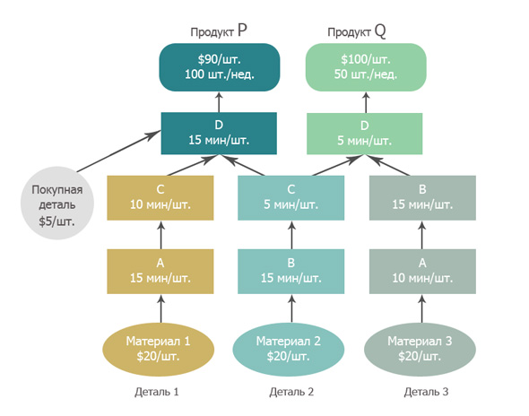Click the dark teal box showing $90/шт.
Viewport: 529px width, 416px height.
(220, 67)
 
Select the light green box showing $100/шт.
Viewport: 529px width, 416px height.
(366, 67)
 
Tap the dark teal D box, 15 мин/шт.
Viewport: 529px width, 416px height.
(219, 134)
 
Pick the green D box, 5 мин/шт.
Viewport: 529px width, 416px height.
(364, 134)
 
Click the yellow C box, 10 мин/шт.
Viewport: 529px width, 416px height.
(160, 198)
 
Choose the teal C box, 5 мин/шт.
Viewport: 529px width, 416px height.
(291, 198)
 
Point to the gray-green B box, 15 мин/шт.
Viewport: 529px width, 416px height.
(422, 198)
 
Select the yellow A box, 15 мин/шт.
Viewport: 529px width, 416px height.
(160, 272)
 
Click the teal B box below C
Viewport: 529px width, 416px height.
(291, 272)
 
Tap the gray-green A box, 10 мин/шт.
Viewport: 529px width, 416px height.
(422, 272)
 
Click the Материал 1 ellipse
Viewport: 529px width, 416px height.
(158, 349)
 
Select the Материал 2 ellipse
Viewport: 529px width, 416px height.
(289, 349)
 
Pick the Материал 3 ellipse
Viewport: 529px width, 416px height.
(420, 349)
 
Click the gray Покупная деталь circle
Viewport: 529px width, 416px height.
(57, 204)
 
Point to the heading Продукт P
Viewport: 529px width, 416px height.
(219, 30)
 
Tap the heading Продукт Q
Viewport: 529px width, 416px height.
(357, 31)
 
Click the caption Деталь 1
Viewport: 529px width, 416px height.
(157, 392)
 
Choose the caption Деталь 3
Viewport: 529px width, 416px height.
(426, 392)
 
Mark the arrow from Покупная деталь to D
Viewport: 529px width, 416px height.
(118, 152)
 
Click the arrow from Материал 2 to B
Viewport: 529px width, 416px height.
(291, 308)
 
